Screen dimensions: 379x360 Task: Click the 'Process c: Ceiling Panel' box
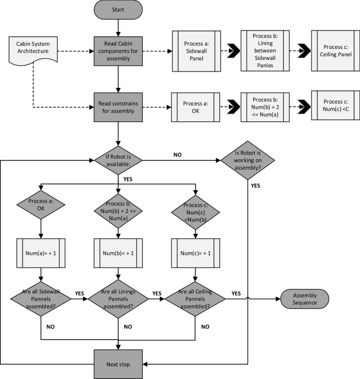tap(336, 52)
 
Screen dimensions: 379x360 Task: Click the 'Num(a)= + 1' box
tap(40, 253)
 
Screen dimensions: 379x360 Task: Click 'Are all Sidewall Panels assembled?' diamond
tap(40, 298)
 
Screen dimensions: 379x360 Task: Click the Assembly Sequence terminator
tap(305, 298)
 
